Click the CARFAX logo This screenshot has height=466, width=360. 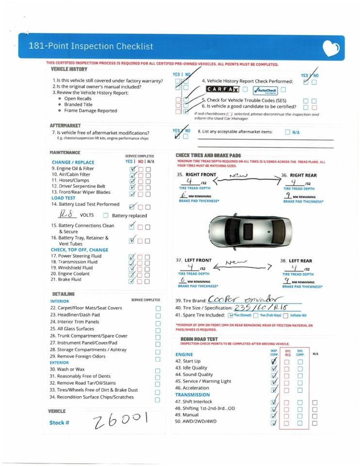point(223,89)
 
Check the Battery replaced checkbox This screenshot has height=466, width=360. point(105,216)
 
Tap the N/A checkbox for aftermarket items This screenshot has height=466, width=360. point(288,132)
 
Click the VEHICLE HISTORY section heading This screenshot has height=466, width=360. point(69,69)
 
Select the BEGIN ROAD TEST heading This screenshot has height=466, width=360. point(199,339)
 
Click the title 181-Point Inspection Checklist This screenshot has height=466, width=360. point(91,47)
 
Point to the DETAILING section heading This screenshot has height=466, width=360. point(63,294)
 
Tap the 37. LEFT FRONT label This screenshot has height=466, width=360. point(194,260)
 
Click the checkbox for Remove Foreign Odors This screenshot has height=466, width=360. point(158,359)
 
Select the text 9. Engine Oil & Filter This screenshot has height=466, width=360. point(72,168)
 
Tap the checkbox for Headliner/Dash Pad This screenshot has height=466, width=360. point(158,316)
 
